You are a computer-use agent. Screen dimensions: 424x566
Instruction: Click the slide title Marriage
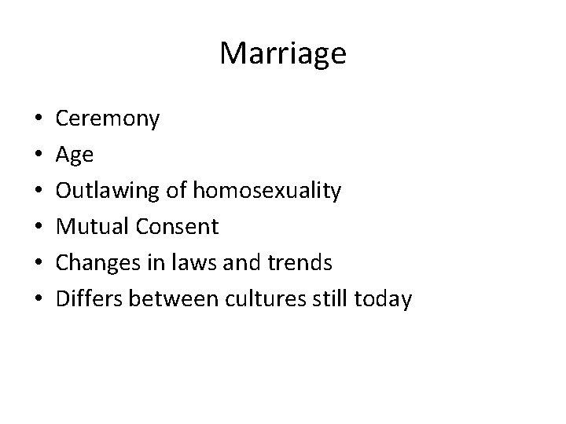[283, 54]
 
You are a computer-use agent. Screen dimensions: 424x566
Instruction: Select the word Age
[75, 155]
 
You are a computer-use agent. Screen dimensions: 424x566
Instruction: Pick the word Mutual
[92, 227]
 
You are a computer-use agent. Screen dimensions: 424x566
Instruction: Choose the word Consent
[177, 227]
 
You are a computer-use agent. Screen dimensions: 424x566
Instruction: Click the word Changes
[97, 263]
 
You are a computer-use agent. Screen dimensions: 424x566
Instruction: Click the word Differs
[89, 299]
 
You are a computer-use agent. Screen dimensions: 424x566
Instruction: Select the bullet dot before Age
[28, 156]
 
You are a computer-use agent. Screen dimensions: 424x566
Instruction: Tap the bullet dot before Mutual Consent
[28, 228]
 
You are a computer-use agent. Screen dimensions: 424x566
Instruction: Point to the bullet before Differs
[28, 300]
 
